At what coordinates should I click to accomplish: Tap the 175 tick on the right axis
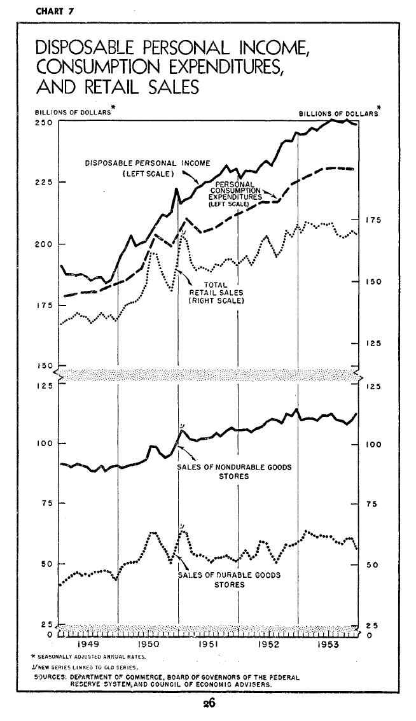pos(373,220)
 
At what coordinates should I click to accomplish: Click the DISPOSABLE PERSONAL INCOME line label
pos(148,163)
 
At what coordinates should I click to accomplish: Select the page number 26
pos(208,704)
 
